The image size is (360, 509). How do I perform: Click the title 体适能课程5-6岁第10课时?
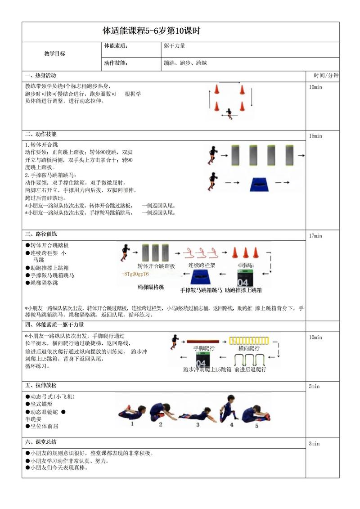point(151,32)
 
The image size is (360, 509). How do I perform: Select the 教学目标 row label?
point(54,54)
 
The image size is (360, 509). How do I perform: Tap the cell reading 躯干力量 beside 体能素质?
point(175,46)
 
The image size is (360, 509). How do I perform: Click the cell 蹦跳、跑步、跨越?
point(185,63)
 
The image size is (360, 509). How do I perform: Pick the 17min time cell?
point(315,236)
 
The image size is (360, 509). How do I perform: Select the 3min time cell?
point(314,444)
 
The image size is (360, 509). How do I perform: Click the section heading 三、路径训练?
point(41,234)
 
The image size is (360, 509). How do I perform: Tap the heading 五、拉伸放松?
point(41,386)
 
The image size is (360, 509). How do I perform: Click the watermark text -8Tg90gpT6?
point(135,274)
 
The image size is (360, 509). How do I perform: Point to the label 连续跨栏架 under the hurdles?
point(202,266)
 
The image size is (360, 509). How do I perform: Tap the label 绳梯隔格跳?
point(151,287)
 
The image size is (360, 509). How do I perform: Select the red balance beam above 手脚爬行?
point(201,341)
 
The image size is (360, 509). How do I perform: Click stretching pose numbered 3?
point(194,414)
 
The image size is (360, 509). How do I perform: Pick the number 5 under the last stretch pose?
point(257,425)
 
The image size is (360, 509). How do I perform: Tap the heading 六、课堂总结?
point(41,441)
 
